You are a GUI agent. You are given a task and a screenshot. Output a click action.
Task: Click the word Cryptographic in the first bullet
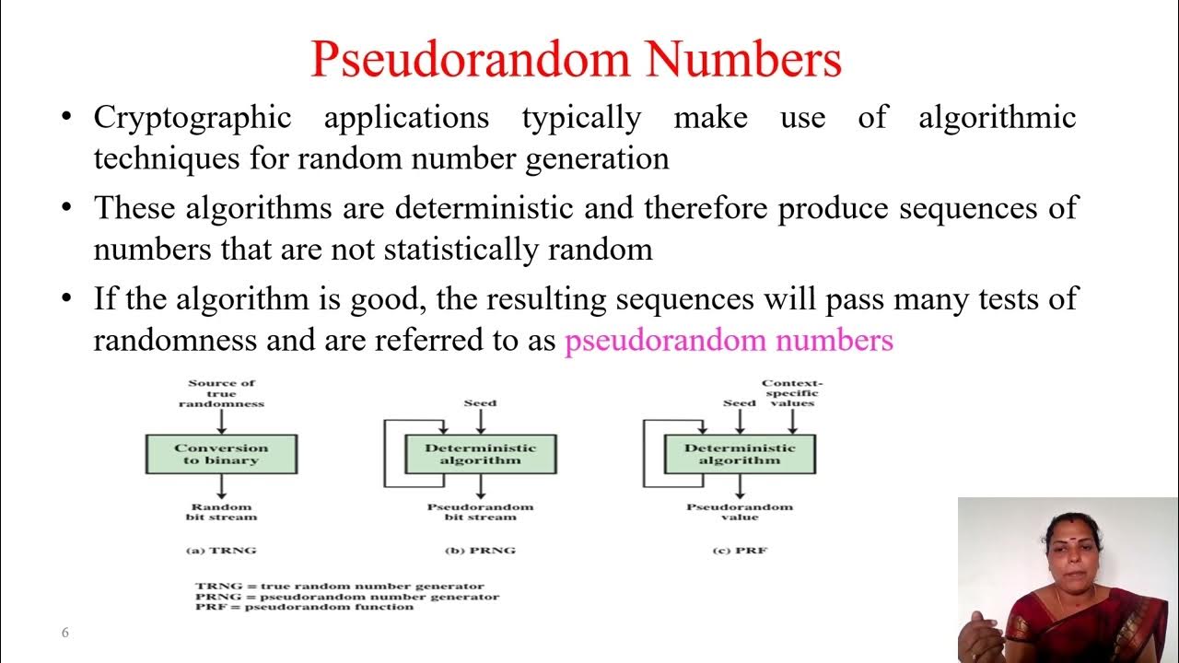tap(192, 118)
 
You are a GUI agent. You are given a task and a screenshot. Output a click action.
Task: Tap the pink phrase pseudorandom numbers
tap(729, 341)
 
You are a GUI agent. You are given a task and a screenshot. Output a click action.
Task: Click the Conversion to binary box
tap(221, 454)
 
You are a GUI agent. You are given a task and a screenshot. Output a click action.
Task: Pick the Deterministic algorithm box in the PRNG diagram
tap(480, 454)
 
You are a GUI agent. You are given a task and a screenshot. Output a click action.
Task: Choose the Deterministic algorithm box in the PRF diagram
tap(739, 454)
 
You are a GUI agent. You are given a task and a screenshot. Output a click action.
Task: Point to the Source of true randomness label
tap(221, 393)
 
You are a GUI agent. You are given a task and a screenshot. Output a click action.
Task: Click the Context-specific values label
tap(792, 393)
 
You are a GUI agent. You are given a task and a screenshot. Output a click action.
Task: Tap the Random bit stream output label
tap(221, 512)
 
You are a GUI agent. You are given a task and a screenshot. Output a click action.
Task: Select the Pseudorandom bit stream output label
tap(480, 512)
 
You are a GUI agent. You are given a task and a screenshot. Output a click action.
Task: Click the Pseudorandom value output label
tap(739, 512)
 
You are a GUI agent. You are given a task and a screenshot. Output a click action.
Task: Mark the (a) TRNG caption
tap(221, 551)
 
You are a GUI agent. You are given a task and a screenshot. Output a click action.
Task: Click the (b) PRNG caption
tap(480, 551)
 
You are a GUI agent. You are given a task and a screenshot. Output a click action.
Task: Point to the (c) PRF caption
tap(739, 551)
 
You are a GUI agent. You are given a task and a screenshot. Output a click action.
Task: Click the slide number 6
tap(64, 633)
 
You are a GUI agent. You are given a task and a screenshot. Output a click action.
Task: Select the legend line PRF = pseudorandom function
tap(304, 607)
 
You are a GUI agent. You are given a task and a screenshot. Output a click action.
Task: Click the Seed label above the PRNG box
tap(480, 402)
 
